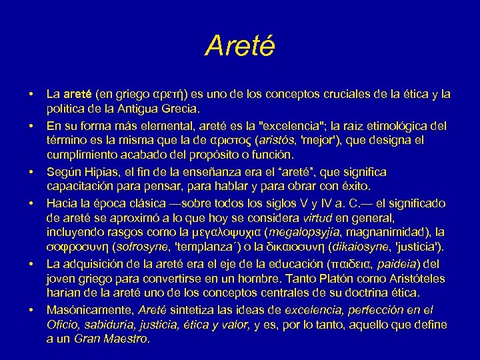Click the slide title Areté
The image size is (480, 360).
coord(239,46)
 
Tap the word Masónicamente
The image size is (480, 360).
coord(89,311)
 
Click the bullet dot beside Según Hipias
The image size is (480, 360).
coord(31,171)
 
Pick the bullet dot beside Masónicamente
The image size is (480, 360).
coord(31,311)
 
